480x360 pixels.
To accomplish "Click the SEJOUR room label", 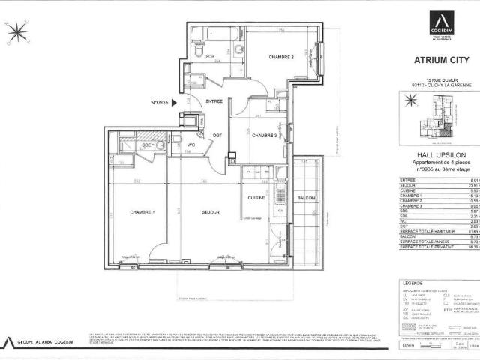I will click(210, 213).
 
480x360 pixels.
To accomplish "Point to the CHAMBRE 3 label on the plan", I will click(265, 136).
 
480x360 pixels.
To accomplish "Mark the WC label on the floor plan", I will click(190, 145).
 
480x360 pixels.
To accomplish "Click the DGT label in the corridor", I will click(217, 136).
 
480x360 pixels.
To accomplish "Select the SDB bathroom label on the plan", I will click(211, 57).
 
